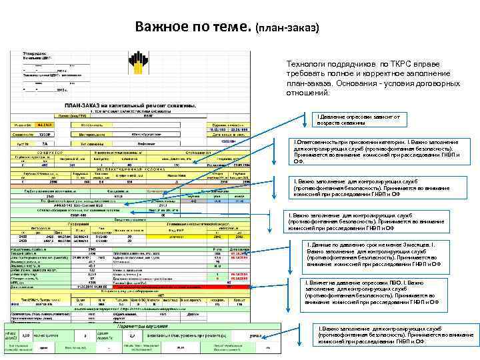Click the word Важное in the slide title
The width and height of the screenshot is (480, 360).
coord(163,27)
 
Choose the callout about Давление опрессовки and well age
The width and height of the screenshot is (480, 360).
coord(359,119)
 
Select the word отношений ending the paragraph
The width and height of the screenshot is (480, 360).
coord(307,94)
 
